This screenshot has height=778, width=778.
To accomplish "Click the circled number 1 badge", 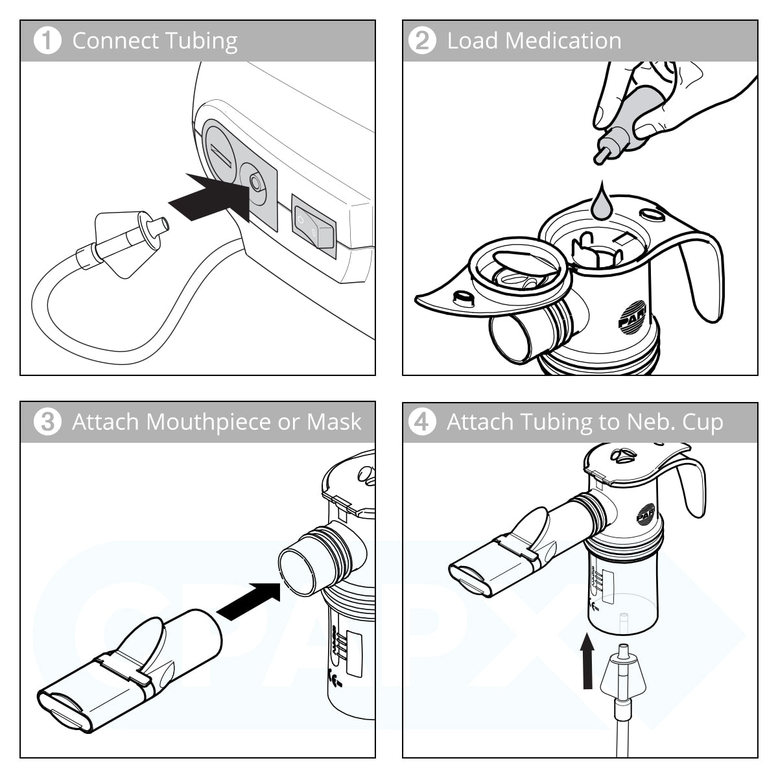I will click(47, 41).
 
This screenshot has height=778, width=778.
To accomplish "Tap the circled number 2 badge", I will click(422, 41).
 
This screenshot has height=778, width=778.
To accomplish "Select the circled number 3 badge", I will click(47, 422).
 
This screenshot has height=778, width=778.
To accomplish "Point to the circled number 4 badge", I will click(422, 422).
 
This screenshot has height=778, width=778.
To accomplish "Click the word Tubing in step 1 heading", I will click(201, 41).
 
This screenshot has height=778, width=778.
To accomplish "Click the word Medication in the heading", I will click(563, 41).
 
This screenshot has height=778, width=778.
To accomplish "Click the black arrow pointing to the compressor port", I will click(210, 197).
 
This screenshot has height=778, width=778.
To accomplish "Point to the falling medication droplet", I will click(601, 202).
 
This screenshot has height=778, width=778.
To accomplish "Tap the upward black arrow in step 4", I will click(587, 661).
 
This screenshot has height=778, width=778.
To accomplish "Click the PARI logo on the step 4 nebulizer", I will click(646, 513).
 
